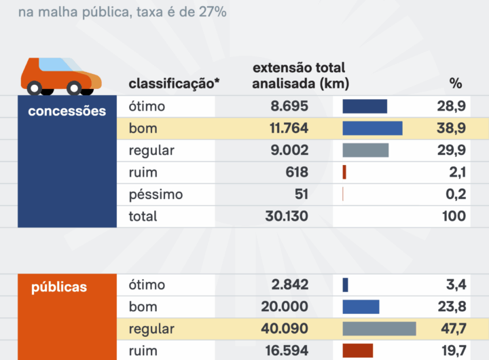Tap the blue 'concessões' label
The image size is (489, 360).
click(x=67, y=111)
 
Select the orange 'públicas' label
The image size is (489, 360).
click(x=59, y=287)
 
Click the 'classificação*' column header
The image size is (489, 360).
click(x=175, y=84)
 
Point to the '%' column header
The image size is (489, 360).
click(x=456, y=84)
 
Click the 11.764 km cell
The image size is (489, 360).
click(x=285, y=128)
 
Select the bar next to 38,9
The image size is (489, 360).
click(x=372, y=128)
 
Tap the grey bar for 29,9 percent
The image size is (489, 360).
click(x=365, y=150)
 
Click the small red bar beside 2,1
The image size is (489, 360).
click(x=344, y=172)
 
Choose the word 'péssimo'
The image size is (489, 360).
click(x=156, y=194)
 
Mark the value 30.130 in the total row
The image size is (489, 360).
click(x=285, y=216)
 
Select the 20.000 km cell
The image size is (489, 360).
click(x=285, y=306)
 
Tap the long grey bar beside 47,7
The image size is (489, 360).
click(x=379, y=329)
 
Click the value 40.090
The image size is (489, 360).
click(x=285, y=329)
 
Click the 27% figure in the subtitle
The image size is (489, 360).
click(x=213, y=12)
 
